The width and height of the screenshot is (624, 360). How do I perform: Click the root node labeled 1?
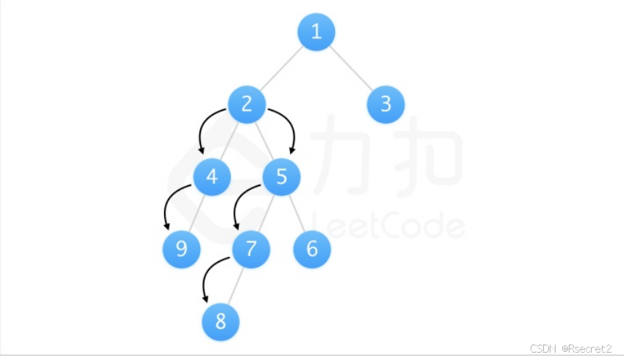pos(316,32)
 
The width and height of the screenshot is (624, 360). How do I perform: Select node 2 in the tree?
pos(247,105)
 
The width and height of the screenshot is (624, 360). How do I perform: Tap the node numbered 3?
pos(386,105)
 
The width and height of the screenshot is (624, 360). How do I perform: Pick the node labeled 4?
pos(212,177)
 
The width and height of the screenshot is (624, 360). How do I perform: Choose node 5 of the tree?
pos(282,177)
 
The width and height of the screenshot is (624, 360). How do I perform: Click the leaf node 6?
pos(312,250)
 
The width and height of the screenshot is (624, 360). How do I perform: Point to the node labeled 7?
pos(251,250)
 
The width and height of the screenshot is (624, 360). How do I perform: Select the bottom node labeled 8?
pos(221,322)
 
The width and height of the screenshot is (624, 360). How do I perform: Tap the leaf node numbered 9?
pos(182,250)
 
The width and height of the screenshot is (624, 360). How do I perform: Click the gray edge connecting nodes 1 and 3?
pos(351,68)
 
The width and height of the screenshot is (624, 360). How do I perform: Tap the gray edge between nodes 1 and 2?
pos(282,68)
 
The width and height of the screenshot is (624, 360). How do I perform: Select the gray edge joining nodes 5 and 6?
pos(297,213)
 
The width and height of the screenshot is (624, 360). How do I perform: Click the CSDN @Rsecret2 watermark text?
pos(571,347)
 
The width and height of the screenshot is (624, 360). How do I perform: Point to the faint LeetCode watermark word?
pos(390,225)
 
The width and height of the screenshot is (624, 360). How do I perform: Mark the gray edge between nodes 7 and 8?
pos(236,286)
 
